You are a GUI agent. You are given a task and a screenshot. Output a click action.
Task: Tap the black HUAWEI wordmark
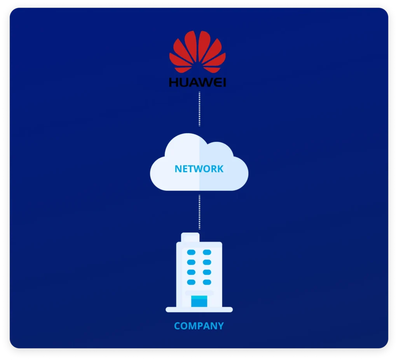[x=197, y=82]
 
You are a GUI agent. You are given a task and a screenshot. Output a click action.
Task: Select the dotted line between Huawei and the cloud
[x=199, y=109]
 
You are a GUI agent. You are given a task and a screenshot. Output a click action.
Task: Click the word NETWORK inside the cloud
[x=199, y=169]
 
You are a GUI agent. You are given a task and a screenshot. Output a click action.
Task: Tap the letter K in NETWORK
[x=220, y=169]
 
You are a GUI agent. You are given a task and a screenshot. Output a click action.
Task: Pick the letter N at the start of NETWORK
[x=178, y=169]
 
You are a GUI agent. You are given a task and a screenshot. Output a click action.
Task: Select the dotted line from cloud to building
[x=199, y=212]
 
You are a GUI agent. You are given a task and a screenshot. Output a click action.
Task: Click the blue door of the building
[x=199, y=301]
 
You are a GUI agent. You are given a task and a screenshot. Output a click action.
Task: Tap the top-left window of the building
[x=191, y=252]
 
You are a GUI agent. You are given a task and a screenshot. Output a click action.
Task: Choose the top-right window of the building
[x=207, y=252]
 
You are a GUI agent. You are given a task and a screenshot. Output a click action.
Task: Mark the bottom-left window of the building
[x=191, y=282]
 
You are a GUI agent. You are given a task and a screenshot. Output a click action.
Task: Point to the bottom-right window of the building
[x=207, y=282]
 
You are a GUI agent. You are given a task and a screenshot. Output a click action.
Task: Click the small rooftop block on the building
[x=190, y=237]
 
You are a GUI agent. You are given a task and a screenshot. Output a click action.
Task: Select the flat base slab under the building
[x=199, y=310]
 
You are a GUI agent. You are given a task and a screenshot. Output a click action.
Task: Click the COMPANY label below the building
[x=199, y=326]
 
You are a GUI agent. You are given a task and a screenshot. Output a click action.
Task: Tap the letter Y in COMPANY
[x=220, y=326]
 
